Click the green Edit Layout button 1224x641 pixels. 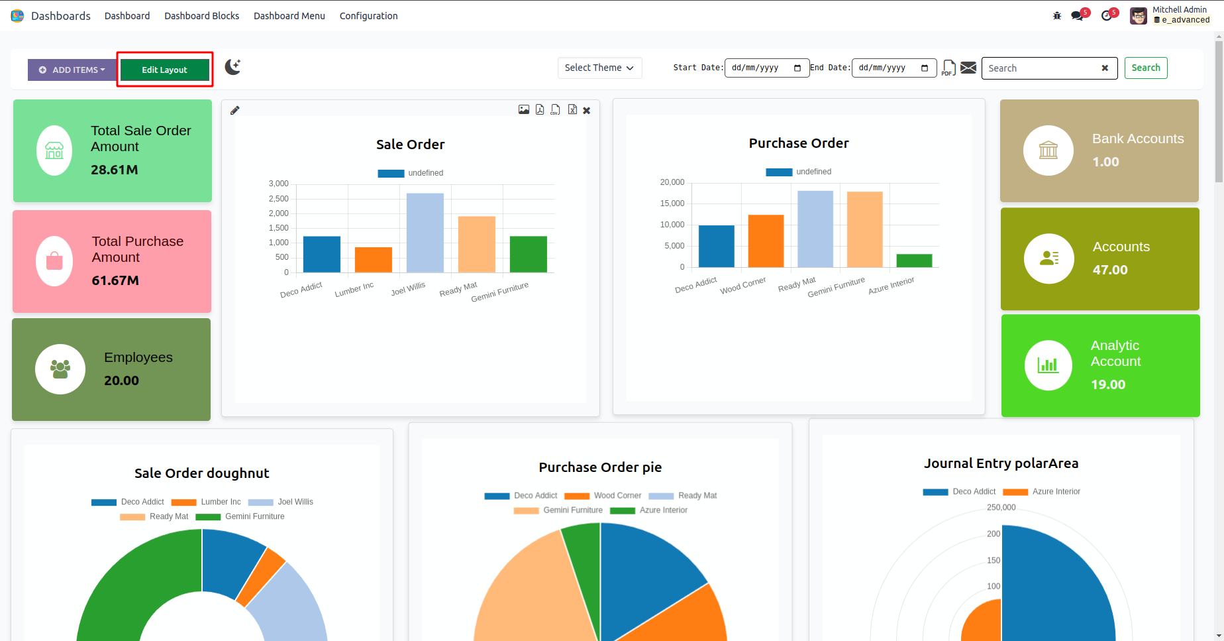click(x=164, y=70)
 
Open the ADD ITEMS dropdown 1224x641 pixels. click(x=72, y=70)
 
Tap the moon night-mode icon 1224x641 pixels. click(x=232, y=67)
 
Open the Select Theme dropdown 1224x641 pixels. click(x=599, y=68)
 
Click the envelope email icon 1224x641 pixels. click(x=968, y=68)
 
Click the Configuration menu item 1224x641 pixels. click(x=368, y=16)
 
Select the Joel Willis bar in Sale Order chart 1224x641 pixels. click(x=425, y=233)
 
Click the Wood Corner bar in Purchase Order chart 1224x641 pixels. click(x=766, y=241)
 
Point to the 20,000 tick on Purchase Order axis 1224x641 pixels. click(x=672, y=182)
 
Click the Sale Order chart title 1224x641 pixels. click(x=410, y=145)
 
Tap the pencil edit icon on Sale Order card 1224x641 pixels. click(x=234, y=111)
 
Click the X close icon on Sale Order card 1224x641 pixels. click(x=587, y=111)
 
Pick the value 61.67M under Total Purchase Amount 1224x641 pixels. click(x=115, y=280)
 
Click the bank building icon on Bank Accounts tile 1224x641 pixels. click(x=1048, y=150)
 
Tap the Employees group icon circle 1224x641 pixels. click(x=60, y=369)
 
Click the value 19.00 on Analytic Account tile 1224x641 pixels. click(x=1108, y=384)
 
